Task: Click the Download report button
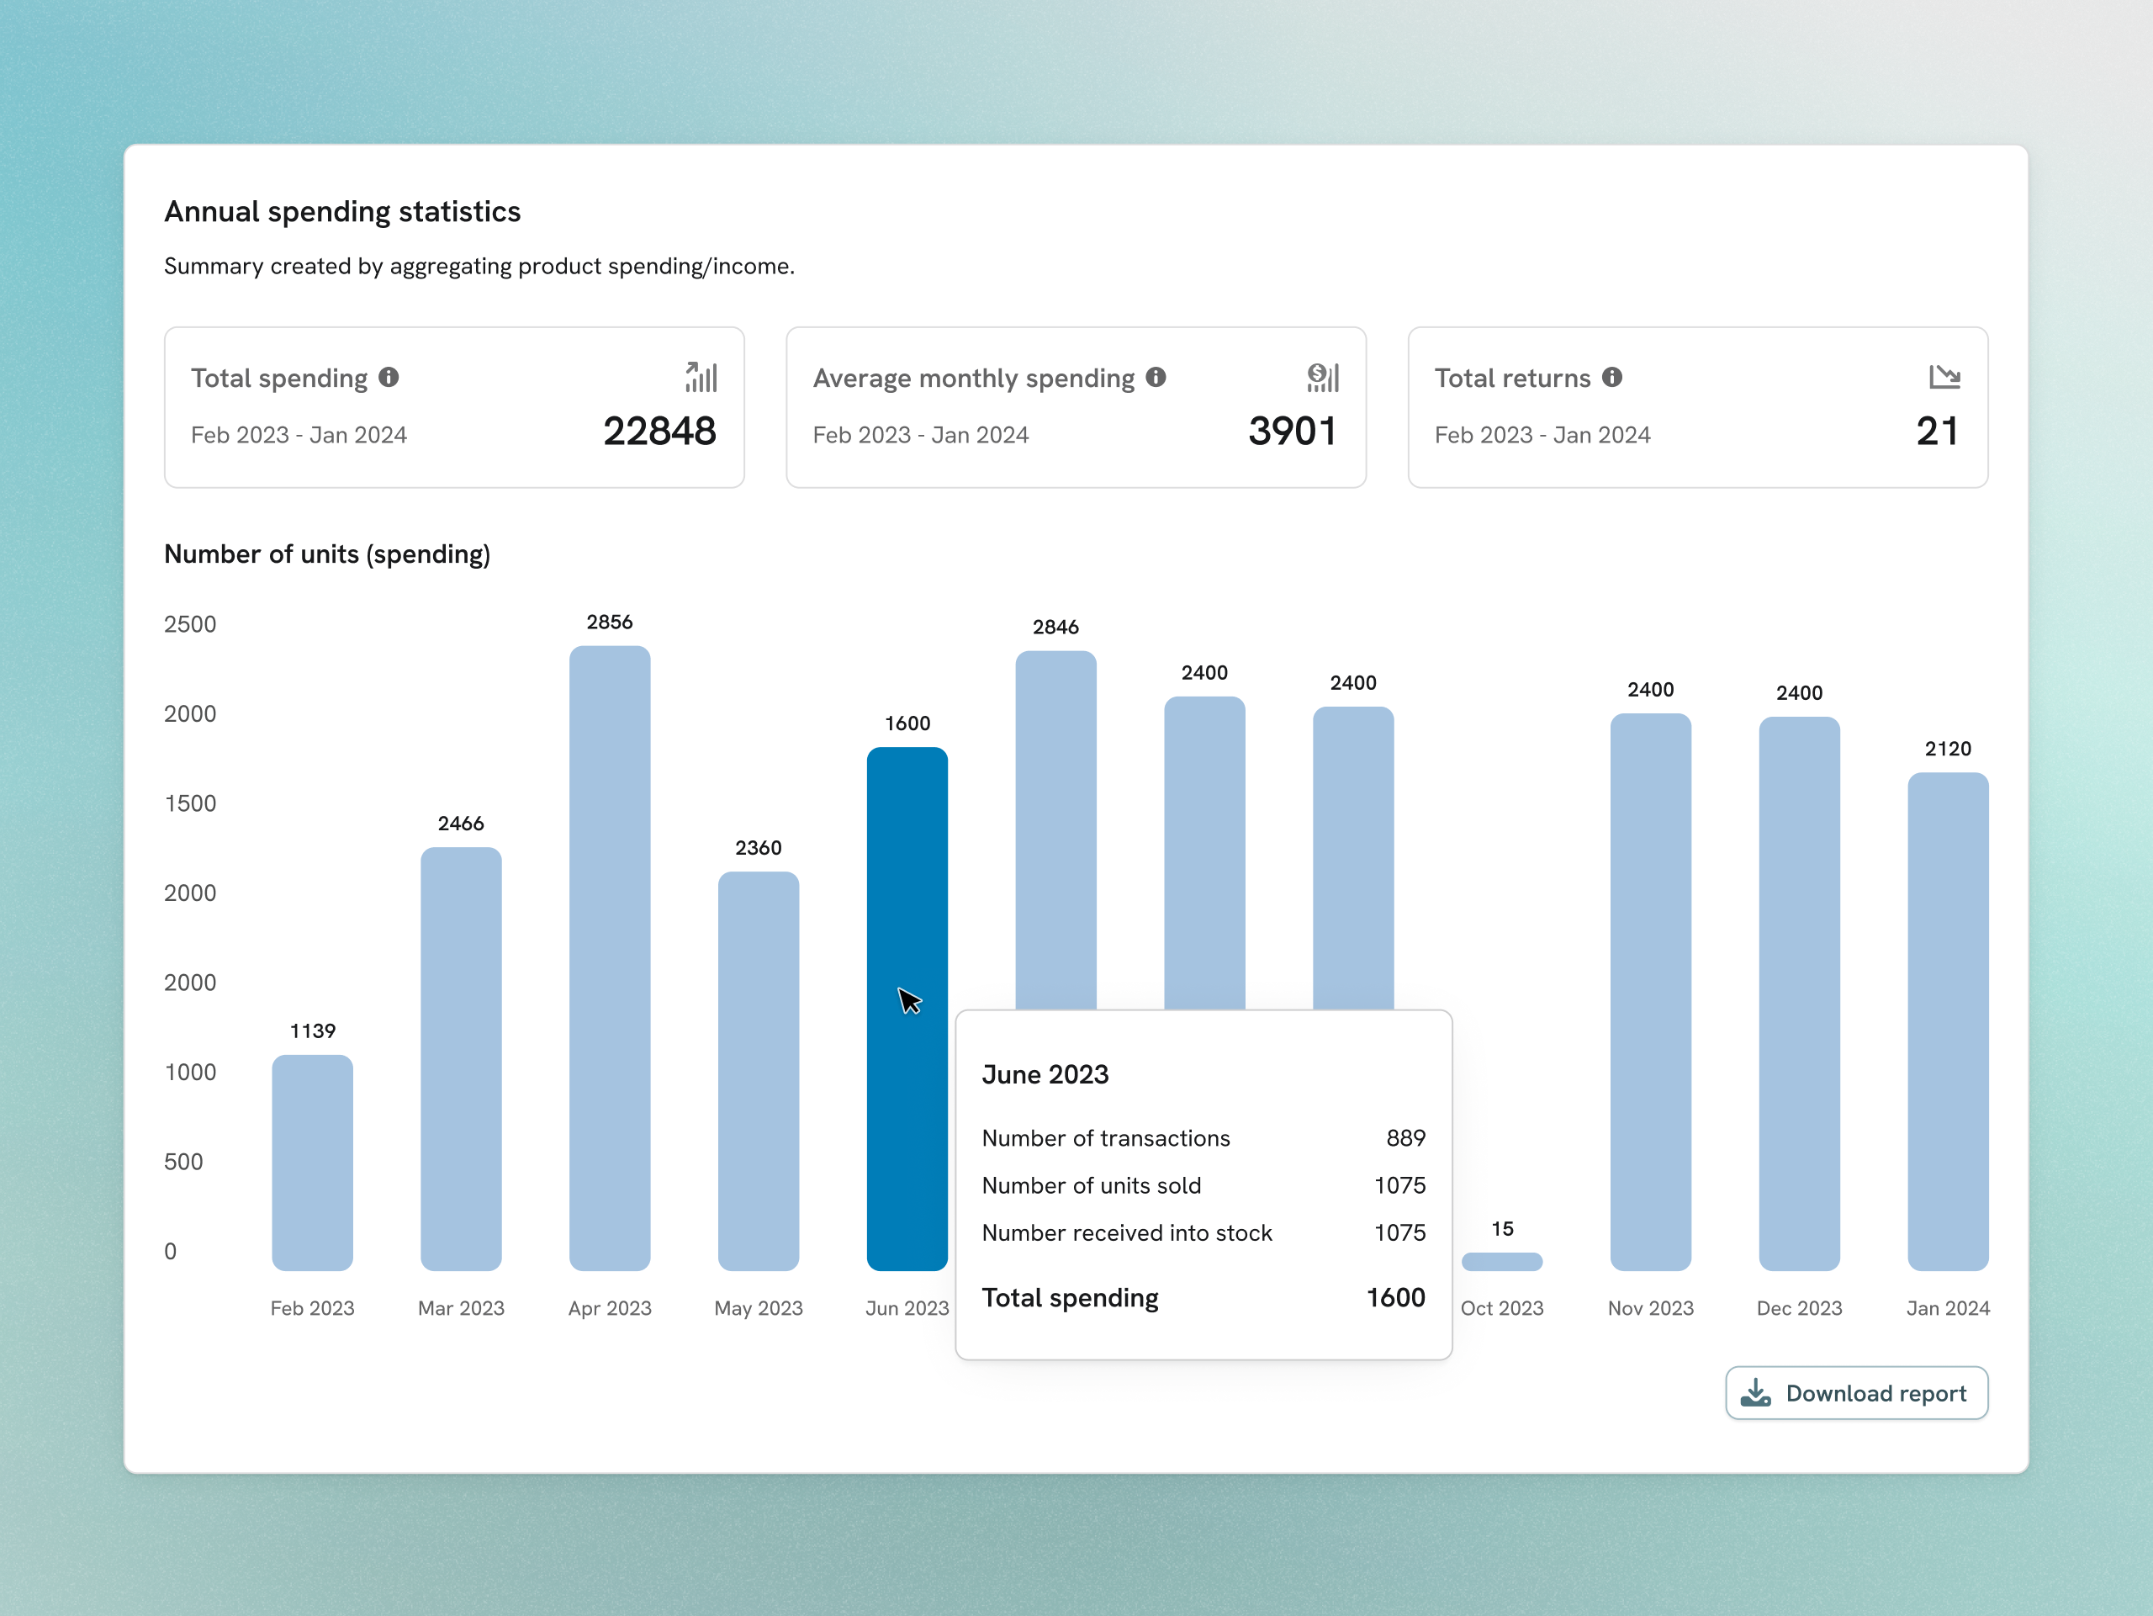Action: [1855, 1393]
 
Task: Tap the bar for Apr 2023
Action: [609, 958]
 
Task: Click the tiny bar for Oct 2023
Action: [1501, 1262]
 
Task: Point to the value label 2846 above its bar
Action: [1055, 627]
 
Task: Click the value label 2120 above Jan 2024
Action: [1947, 749]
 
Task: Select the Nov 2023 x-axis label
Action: [1650, 1308]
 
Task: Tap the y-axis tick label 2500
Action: [190, 624]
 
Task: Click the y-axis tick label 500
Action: [183, 1162]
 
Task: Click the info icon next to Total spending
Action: [389, 377]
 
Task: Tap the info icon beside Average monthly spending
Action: [1156, 377]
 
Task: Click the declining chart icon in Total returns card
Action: [1944, 377]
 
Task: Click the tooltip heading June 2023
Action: [1045, 1073]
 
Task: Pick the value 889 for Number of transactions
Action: [1404, 1138]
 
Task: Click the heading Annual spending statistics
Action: [341, 211]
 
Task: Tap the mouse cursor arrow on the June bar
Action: [908, 999]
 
